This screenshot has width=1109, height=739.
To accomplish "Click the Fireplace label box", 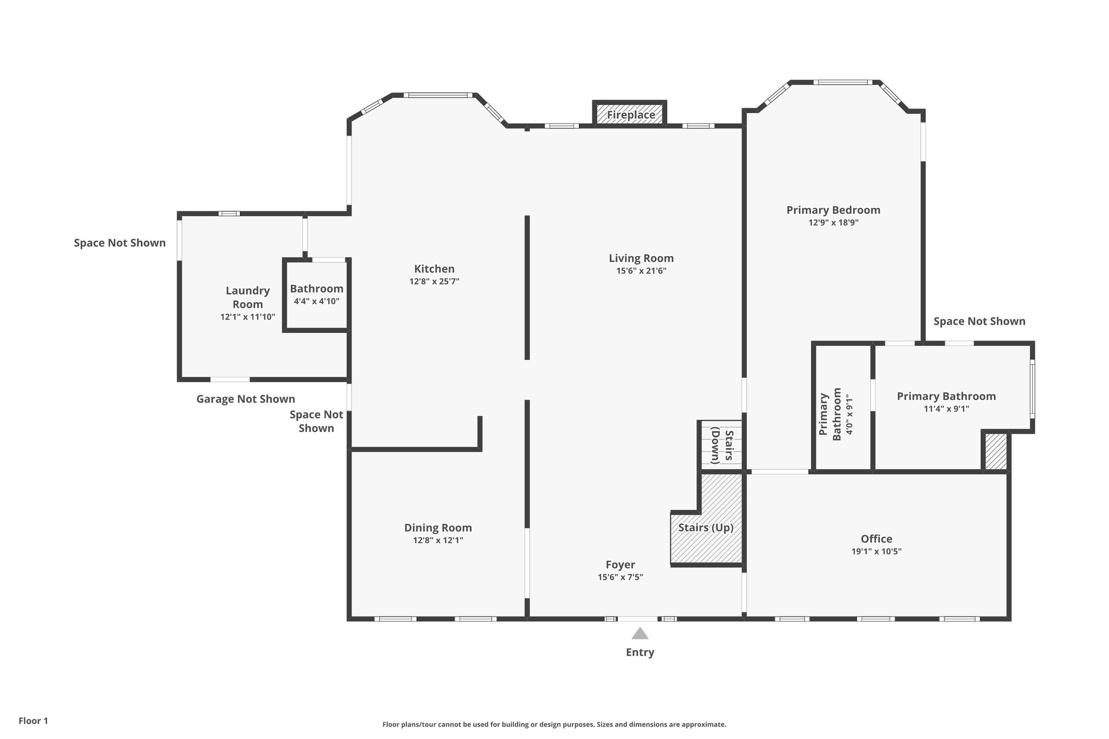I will click(630, 115).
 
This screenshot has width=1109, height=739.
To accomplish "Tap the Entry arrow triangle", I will click(640, 633).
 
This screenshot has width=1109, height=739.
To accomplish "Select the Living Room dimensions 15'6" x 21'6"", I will click(641, 271).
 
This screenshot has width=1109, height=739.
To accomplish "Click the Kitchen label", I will click(434, 269).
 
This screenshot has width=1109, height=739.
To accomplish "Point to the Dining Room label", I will click(438, 527).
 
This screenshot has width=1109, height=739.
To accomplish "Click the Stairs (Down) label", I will click(722, 446).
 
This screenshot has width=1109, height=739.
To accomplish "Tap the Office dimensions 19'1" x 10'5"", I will click(876, 552).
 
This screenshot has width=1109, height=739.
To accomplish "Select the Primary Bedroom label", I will click(833, 210).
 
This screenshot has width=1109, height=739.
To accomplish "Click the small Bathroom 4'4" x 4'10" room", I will click(316, 295).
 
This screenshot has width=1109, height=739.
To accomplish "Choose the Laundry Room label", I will click(247, 297).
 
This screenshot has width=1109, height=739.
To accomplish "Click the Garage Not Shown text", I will click(245, 399).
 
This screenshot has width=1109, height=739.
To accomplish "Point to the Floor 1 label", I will click(33, 721).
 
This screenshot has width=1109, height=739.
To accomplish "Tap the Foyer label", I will click(620, 565).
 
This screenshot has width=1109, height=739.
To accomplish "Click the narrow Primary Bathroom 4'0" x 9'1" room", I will click(842, 411).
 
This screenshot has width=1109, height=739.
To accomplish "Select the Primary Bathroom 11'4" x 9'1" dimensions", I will click(946, 409).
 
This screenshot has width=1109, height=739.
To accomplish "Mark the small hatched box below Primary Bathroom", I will click(995, 451).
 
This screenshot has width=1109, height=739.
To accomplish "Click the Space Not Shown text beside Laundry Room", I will click(120, 243).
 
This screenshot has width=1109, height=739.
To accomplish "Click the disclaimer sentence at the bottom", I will click(554, 724).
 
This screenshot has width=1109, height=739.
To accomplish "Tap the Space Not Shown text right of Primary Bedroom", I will click(979, 321).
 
